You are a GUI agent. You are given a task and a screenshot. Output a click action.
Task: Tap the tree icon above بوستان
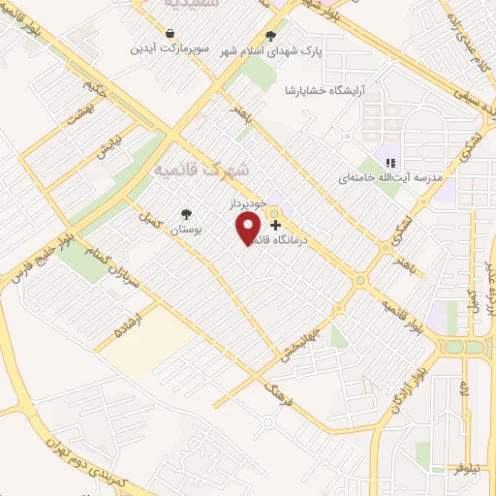click(185, 214)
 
